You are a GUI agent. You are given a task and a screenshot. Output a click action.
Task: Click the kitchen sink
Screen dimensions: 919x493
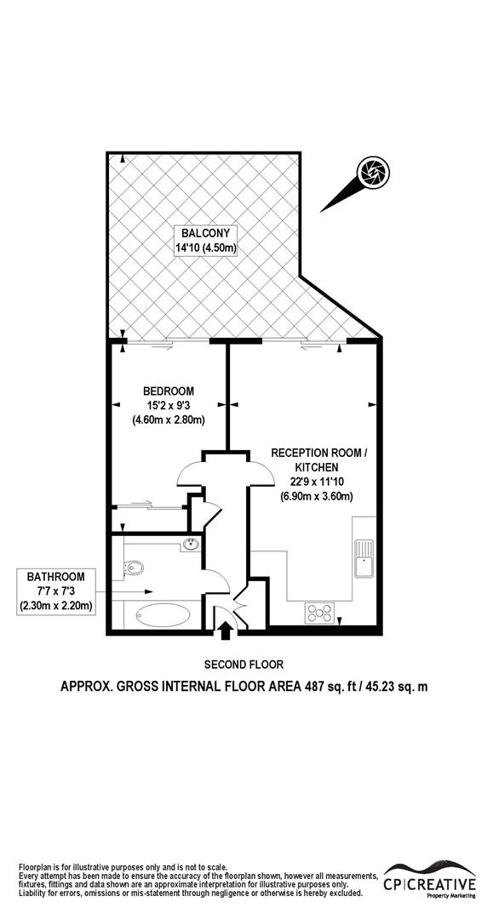coord(364,554)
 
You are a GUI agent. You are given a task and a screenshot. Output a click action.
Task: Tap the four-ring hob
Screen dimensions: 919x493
coord(320,610)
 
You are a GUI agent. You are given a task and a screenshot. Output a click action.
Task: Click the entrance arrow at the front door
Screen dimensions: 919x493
coord(226,631)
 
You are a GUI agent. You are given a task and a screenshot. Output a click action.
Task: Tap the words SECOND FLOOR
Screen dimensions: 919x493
coord(244,665)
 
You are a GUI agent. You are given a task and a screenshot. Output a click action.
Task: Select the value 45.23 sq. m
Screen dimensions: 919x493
coord(393,686)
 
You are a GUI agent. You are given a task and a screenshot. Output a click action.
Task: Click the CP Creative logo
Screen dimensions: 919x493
coord(428,876)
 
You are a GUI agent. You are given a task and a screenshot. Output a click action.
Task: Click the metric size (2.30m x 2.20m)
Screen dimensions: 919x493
coord(55,606)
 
